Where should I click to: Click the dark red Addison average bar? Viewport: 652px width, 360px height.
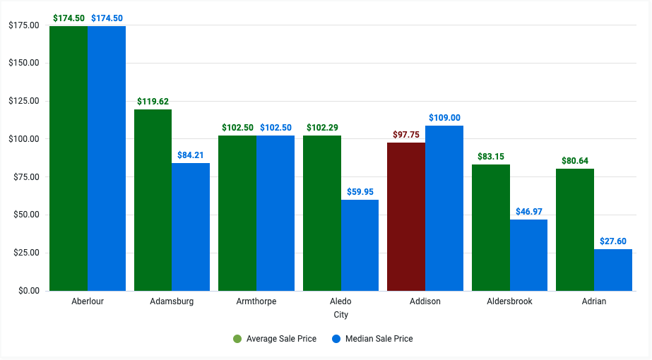coord(406,216)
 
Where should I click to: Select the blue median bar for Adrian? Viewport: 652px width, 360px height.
coord(612,270)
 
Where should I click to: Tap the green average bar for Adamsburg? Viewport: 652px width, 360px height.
coord(153,200)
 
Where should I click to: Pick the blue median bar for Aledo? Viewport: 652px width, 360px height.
coord(360,245)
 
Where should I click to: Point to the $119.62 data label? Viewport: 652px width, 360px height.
coord(153,101)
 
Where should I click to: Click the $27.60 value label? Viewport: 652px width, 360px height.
coord(612,241)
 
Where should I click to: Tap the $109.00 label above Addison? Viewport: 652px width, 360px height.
coord(444,117)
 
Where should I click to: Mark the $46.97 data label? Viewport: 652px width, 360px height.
coord(528,211)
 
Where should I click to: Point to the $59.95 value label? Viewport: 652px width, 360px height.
coord(360,191)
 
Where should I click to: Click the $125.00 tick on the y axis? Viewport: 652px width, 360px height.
coord(23,101)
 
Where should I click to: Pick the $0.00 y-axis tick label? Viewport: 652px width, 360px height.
coord(28,290)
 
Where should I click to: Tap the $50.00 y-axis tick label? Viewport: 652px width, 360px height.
coord(25,215)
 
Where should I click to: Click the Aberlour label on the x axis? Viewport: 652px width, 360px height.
coord(88,301)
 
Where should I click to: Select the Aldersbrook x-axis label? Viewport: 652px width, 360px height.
coord(509,301)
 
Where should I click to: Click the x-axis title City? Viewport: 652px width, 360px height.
coord(340,315)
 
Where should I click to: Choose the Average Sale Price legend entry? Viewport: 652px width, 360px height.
coord(275,339)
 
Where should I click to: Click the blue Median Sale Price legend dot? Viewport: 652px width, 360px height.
coord(336,339)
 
